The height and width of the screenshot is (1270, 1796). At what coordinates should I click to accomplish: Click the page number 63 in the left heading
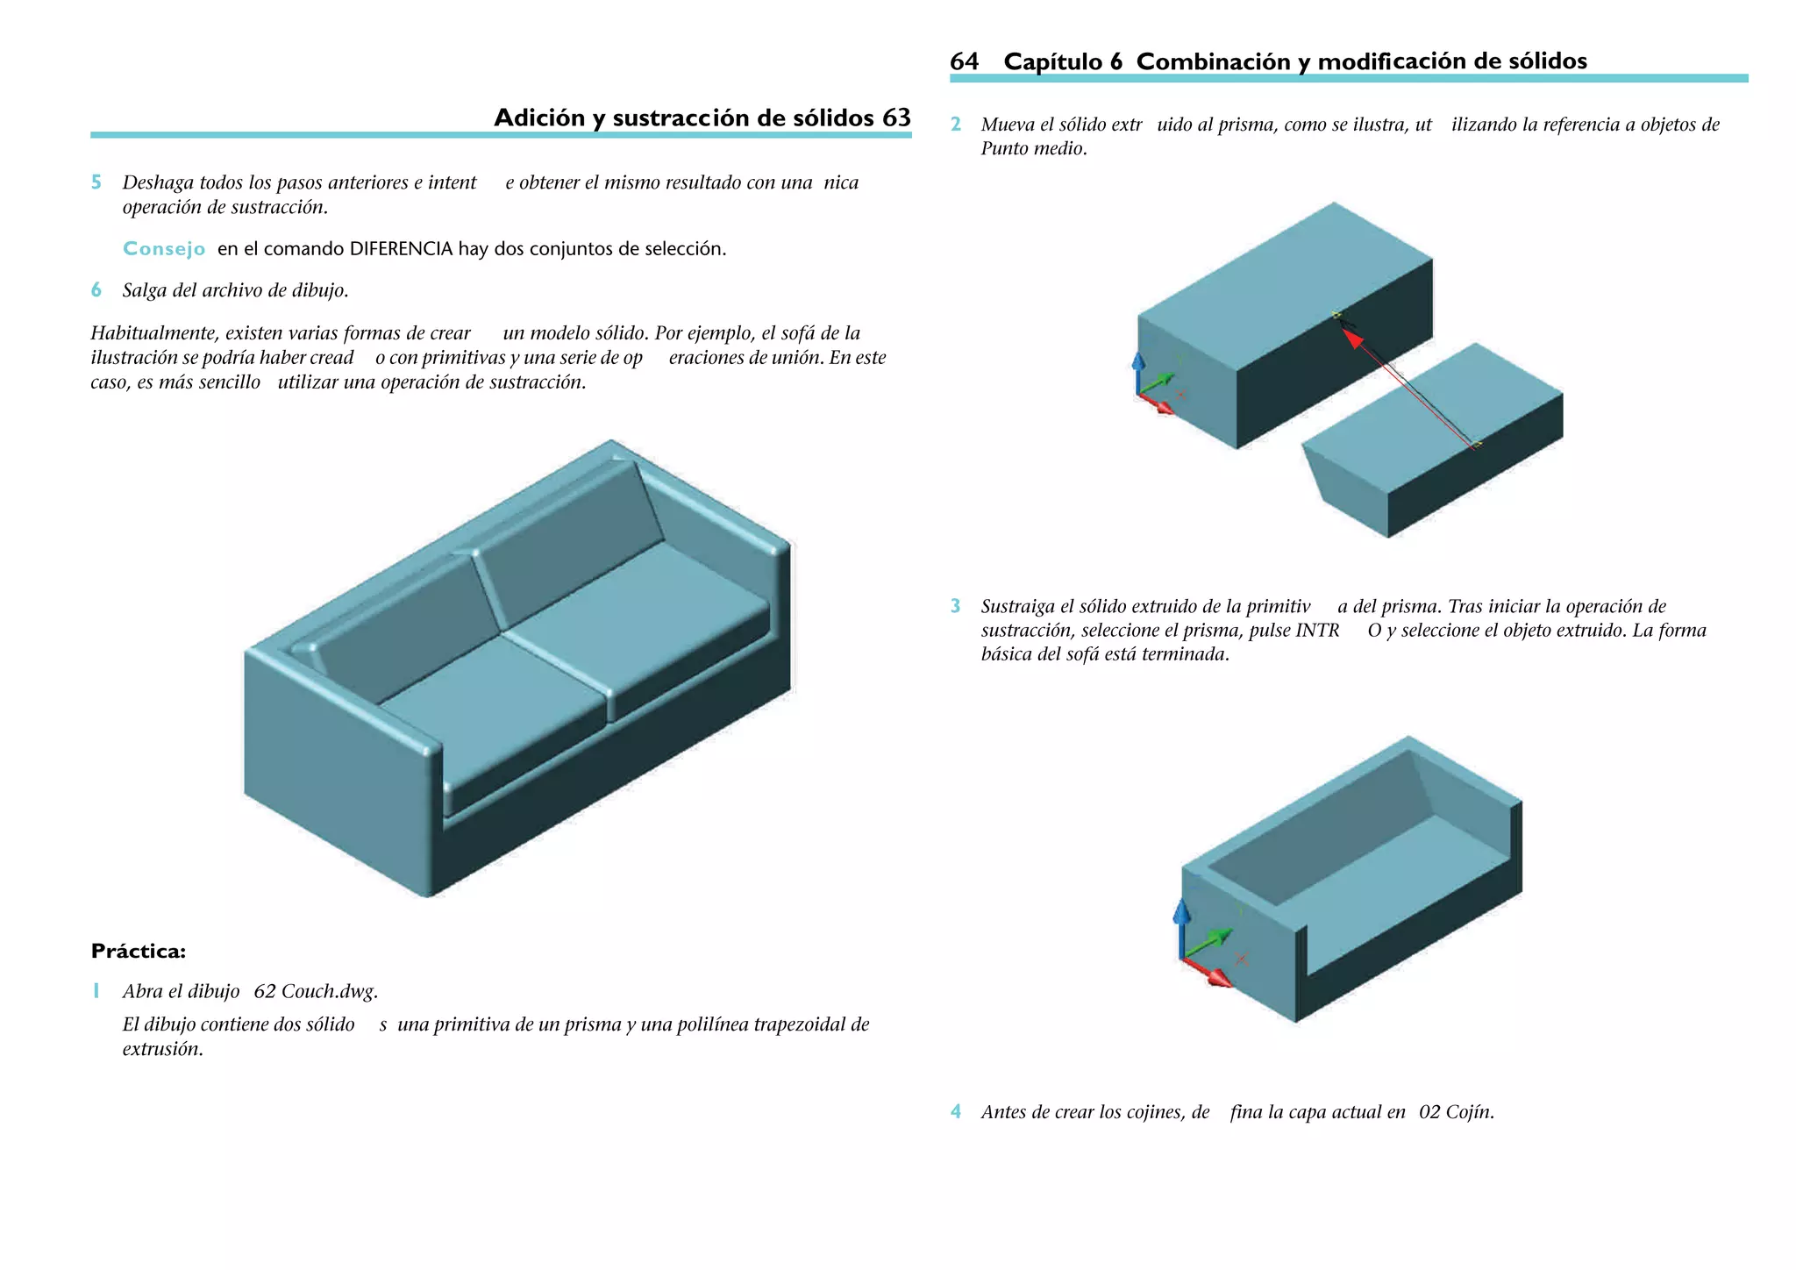click(896, 118)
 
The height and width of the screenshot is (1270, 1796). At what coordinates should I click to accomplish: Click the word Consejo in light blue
click(164, 249)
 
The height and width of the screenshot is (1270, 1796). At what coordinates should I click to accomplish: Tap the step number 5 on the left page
click(96, 182)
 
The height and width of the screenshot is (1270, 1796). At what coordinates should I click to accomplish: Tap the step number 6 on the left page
click(96, 290)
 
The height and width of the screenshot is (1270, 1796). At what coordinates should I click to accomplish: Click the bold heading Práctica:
click(139, 952)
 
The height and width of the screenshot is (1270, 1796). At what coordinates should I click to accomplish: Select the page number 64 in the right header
click(964, 61)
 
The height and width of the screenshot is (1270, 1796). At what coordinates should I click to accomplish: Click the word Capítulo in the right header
click(1052, 61)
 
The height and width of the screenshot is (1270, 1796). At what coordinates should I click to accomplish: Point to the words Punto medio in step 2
click(1033, 149)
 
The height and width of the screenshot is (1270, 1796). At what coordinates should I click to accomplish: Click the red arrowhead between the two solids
click(1355, 339)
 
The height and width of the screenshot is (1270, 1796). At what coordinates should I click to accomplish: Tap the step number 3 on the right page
click(956, 606)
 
